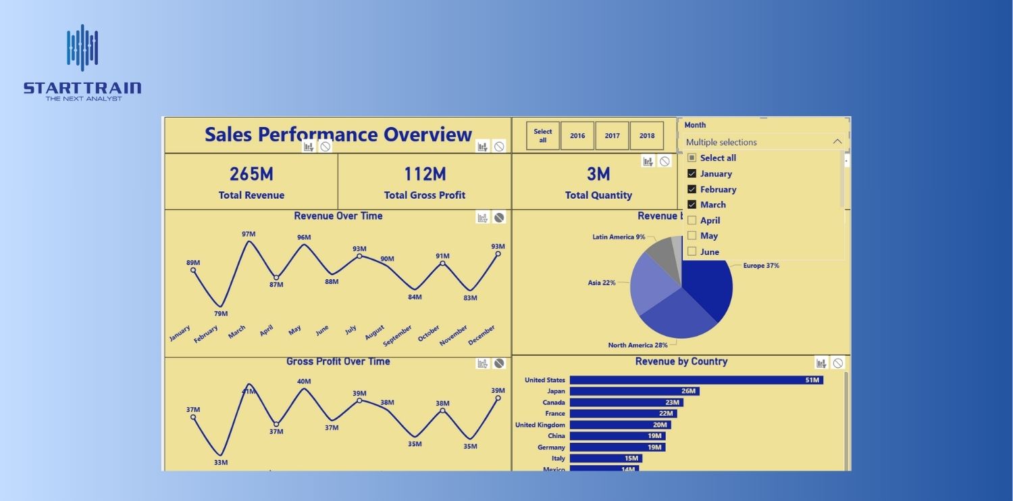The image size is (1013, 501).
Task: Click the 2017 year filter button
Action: (612, 136)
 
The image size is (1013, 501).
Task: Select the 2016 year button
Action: (577, 136)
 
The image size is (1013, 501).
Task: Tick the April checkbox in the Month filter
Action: (692, 220)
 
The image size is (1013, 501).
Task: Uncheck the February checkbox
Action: (692, 189)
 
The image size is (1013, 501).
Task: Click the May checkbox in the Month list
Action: (692, 236)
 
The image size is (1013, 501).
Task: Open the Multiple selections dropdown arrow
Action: (837, 142)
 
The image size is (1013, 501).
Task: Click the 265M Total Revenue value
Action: (251, 174)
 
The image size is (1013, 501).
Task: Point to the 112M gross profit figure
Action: (425, 174)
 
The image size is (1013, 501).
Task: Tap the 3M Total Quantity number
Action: (598, 174)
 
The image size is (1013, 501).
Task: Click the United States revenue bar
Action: (696, 380)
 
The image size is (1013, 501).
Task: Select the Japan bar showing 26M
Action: (633, 391)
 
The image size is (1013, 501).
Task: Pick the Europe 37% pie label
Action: (761, 266)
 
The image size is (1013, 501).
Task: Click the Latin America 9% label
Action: (619, 237)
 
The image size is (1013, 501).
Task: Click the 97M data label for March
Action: (249, 234)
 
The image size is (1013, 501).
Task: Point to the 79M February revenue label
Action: (221, 314)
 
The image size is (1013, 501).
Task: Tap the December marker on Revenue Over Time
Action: (498, 254)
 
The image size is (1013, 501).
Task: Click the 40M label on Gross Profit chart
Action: (304, 381)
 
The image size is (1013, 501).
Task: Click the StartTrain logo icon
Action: (82, 47)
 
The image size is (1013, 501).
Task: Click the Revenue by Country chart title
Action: (681, 362)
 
